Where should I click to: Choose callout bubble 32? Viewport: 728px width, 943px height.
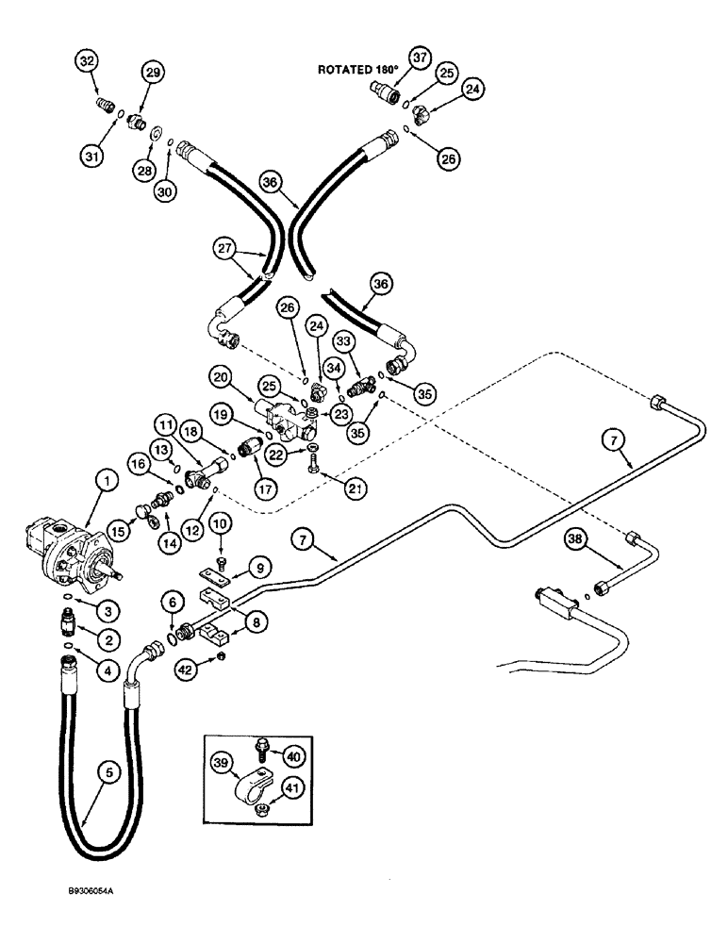tap(87, 62)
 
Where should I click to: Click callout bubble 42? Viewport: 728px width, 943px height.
tap(185, 670)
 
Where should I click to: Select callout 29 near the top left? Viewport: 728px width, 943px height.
tap(153, 72)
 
